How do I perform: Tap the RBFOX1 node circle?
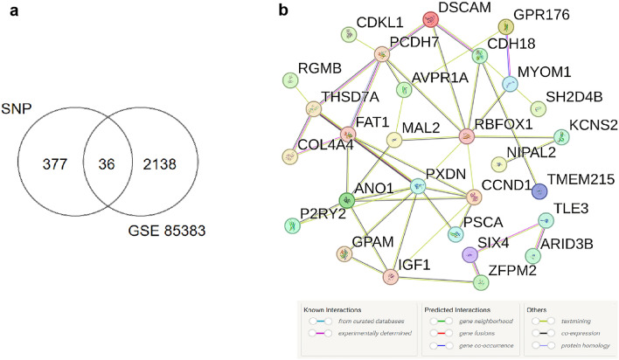pyautogui.click(x=469, y=136)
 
